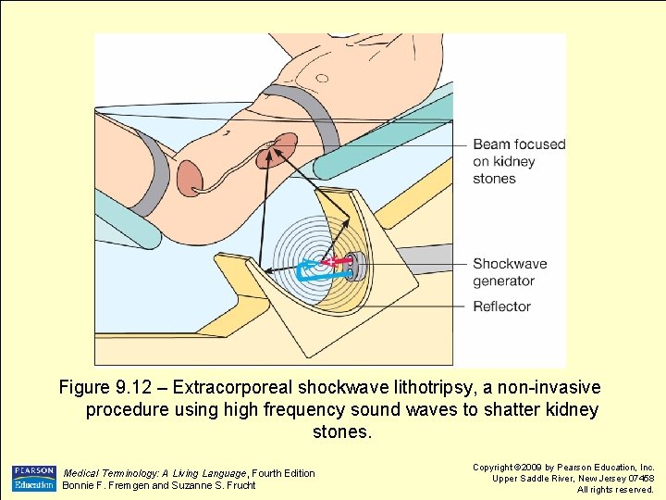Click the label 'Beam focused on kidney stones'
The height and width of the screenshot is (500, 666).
pos(518,161)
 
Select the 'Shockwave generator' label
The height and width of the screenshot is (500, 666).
pos(510,272)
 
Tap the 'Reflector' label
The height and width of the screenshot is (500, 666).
pos(501,306)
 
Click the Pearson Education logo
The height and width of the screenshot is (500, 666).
pos(34,478)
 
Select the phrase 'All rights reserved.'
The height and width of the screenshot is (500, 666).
pos(615,490)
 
